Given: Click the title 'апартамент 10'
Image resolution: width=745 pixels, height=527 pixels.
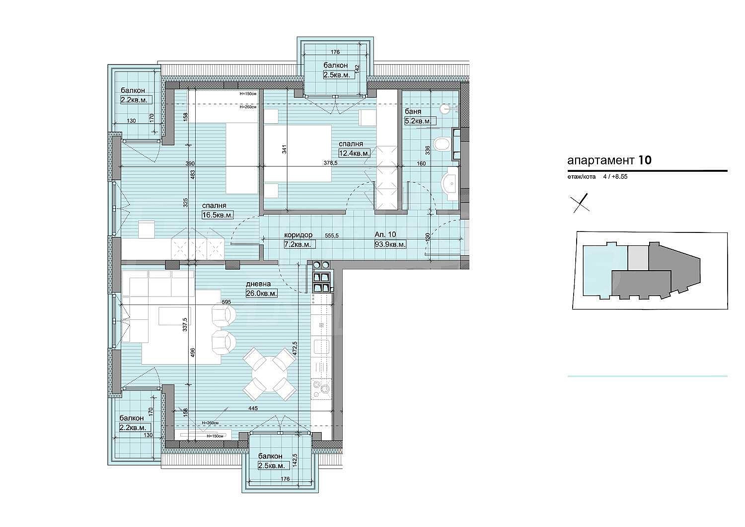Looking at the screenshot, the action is (x=609, y=160).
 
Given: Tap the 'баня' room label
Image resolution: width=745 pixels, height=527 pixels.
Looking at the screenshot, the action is (x=413, y=112).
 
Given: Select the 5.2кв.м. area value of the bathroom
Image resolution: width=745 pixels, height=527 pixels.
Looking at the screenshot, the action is (x=418, y=121).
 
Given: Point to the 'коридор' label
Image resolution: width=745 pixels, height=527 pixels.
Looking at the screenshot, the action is (x=298, y=235).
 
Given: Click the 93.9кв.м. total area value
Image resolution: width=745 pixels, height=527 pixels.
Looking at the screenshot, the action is (x=390, y=244).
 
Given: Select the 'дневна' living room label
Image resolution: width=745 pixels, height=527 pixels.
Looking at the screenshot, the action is (x=258, y=284).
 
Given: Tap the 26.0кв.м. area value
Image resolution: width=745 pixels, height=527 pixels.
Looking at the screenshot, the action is (x=261, y=294).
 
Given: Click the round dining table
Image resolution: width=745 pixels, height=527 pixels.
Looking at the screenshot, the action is (x=269, y=375).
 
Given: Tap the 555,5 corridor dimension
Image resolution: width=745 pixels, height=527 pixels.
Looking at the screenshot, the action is (x=332, y=235).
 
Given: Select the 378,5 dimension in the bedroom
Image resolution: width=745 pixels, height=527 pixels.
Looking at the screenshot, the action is (x=331, y=163).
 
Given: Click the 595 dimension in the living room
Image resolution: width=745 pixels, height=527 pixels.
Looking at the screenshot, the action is (x=226, y=302).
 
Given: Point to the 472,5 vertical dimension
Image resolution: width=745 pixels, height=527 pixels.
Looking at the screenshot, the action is (x=295, y=349).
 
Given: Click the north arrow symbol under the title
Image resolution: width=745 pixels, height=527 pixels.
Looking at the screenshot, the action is (x=580, y=203).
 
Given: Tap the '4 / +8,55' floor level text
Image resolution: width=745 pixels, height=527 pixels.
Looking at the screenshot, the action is (x=615, y=177).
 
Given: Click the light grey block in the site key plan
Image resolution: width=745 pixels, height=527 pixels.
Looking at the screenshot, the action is (x=638, y=258).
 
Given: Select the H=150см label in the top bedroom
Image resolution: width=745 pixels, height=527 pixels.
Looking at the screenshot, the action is (x=248, y=94).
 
